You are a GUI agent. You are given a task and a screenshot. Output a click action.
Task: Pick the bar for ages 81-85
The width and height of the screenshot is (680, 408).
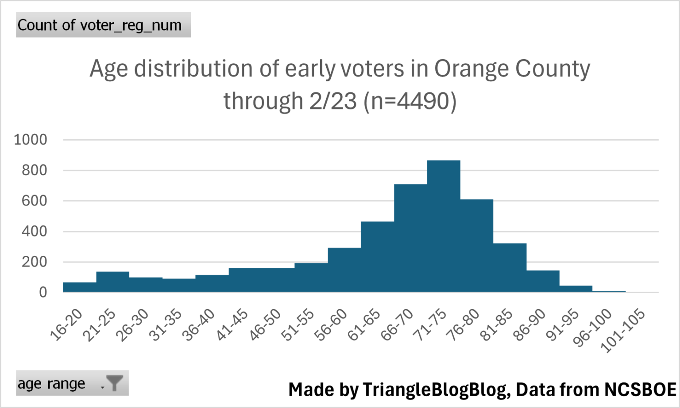[510, 267]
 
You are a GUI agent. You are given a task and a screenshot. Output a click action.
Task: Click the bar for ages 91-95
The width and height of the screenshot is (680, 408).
[576, 289]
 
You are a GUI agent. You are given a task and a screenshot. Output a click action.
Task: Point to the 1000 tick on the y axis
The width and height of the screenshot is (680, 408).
[31, 140]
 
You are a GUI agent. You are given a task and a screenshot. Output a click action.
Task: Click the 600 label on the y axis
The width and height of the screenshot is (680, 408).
[34, 201]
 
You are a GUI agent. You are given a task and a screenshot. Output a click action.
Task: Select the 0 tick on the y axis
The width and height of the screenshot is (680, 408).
[42, 292]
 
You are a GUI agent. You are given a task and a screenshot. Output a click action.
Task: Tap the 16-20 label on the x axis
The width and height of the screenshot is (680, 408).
[66, 325]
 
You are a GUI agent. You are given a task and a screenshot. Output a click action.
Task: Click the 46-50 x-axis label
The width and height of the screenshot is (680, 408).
[265, 325]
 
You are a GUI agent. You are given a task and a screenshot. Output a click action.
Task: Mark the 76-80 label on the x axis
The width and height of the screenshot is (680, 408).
[463, 325]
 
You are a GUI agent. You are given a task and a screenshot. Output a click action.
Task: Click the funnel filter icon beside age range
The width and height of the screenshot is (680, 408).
[114, 383]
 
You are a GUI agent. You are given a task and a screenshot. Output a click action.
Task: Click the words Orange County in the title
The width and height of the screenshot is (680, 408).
[512, 69]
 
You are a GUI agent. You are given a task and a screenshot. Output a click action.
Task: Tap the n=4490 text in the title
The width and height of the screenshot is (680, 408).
[410, 101]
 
